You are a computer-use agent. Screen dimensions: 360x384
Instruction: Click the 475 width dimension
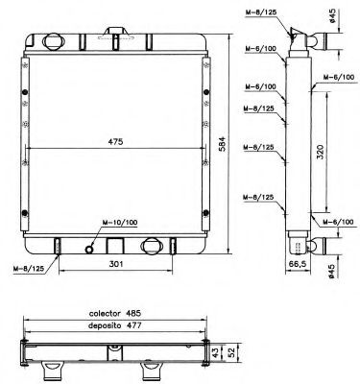(115, 142)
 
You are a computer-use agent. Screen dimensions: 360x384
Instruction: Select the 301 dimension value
(116, 264)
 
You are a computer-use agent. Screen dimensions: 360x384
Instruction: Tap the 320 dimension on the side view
(321, 152)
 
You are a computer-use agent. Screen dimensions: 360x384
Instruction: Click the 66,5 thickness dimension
(298, 263)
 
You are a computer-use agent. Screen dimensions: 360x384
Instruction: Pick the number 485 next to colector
(133, 313)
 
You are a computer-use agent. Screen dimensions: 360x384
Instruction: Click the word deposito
(105, 325)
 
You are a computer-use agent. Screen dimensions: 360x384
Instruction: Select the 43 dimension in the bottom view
(217, 352)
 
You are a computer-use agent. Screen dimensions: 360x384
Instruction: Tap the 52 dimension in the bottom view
(232, 352)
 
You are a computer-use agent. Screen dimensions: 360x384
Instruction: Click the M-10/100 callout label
(120, 223)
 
